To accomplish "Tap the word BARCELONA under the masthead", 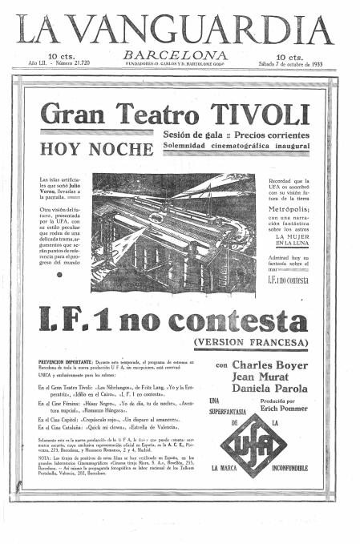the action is click(175, 54).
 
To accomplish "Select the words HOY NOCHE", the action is click(95, 149).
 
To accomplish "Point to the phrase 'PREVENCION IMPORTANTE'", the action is click(65, 363).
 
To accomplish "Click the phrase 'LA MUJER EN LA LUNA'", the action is click(289, 241).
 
